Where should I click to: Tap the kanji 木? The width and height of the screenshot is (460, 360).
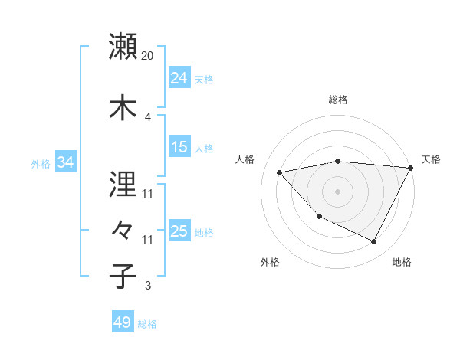click(x=123, y=106)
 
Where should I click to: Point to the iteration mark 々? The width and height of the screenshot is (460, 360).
click(x=123, y=229)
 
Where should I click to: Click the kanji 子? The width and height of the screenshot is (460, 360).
click(x=123, y=276)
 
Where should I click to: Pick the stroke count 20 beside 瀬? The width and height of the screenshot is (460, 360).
click(x=148, y=56)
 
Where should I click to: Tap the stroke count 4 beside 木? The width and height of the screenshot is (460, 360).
click(x=148, y=116)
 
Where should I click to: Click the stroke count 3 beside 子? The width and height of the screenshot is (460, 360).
click(x=148, y=286)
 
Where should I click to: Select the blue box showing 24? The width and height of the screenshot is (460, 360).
click(x=179, y=78)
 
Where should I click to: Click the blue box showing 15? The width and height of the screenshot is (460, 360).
click(x=179, y=147)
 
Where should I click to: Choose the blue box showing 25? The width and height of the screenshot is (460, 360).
click(x=179, y=231)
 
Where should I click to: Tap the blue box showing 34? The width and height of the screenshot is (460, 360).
click(x=65, y=162)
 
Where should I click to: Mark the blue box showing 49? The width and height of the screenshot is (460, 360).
click(x=123, y=322)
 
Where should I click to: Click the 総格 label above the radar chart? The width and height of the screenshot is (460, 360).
click(x=338, y=100)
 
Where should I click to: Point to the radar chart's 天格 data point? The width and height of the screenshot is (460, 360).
click(x=412, y=168)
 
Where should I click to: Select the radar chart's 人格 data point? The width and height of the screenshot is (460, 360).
click(x=279, y=172)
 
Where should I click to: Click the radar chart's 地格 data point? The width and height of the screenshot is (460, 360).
click(x=374, y=242)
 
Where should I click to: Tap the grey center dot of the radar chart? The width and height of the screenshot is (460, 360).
click(x=337, y=191)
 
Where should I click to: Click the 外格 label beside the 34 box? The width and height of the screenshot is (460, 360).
click(x=41, y=163)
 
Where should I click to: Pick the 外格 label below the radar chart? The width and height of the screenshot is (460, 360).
click(x=270, y=263)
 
